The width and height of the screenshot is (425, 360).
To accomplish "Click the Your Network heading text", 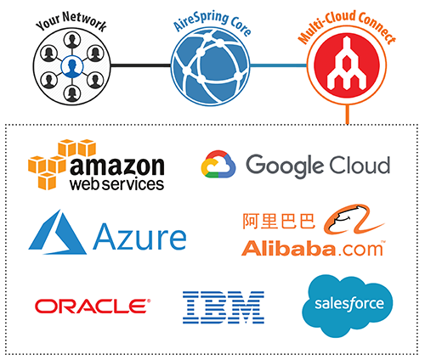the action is click(x=71, y=21).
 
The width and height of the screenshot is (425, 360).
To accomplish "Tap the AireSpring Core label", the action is click(x=212, y=23).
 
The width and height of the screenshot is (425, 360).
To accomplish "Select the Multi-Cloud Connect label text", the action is click(x=347, y=25).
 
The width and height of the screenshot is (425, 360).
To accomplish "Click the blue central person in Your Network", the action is click(x=72, y=67).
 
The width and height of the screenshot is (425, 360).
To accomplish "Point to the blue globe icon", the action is click(x=210, y=67).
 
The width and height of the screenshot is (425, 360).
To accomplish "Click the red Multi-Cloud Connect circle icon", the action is click(x=347, y=65).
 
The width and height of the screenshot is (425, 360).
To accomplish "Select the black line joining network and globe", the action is click(x=141, y=65).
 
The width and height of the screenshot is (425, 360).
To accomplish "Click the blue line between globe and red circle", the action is click(x=279, y=65).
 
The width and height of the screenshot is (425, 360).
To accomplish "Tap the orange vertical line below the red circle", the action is click(x=347, y=115).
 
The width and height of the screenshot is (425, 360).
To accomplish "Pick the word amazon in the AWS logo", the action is click(x=117, y=166).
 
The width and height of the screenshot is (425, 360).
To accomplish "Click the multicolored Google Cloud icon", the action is click(x=218, y=164).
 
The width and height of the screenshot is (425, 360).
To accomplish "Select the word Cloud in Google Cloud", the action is click(x=360, y=165).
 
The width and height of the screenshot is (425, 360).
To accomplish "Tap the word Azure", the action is click(x=139, y=237).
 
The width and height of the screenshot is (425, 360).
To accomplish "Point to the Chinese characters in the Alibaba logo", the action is click(x=279, y=221).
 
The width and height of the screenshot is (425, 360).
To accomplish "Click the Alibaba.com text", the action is click(x=313, y=249).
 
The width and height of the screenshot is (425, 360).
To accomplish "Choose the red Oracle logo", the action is click(x=93, y=306).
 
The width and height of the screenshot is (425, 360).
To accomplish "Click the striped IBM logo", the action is click(x=224, y=307).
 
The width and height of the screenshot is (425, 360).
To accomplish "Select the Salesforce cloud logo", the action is click(x=348, y=306).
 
